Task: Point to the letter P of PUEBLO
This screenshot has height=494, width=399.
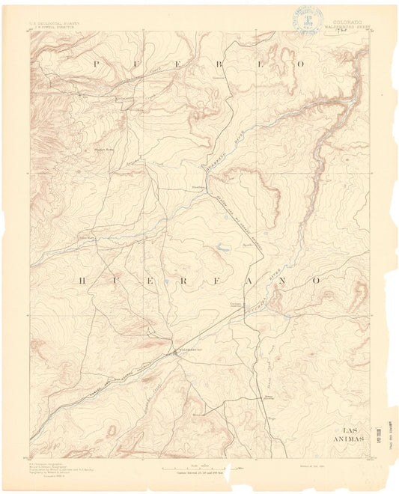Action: coord(95,65)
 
